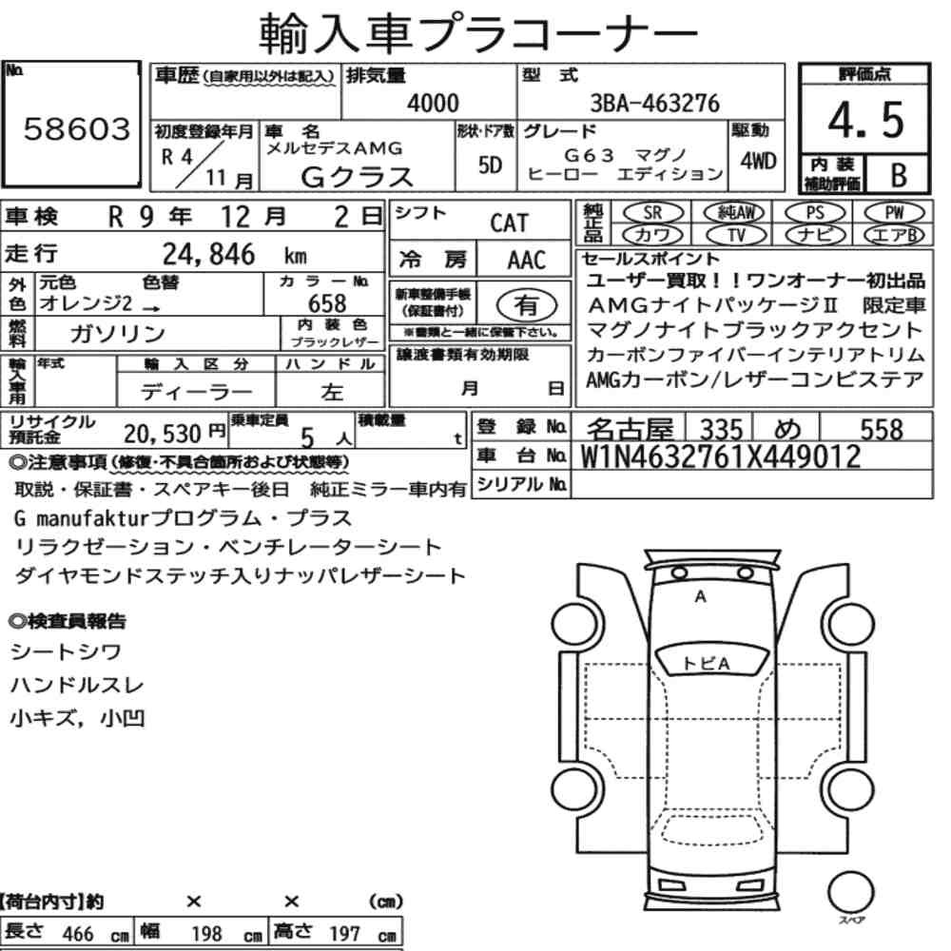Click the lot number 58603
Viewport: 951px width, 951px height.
click(x=77, y=129)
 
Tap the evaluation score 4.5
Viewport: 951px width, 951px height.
click(x=865, y=120)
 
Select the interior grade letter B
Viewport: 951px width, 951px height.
click(x=899, y=175)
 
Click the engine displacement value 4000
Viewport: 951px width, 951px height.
click(x=433, y=103)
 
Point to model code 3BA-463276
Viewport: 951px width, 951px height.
click(x=655, y=103)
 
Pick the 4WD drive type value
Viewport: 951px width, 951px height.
click(x=758, y=162)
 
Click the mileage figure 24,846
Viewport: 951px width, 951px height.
click(x=208, y=254)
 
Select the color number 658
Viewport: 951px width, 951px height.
click(x=327, y=302)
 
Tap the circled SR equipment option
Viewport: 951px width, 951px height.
click(x=652, y=212)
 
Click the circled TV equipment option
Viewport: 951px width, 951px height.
click(x=736, y=235)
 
